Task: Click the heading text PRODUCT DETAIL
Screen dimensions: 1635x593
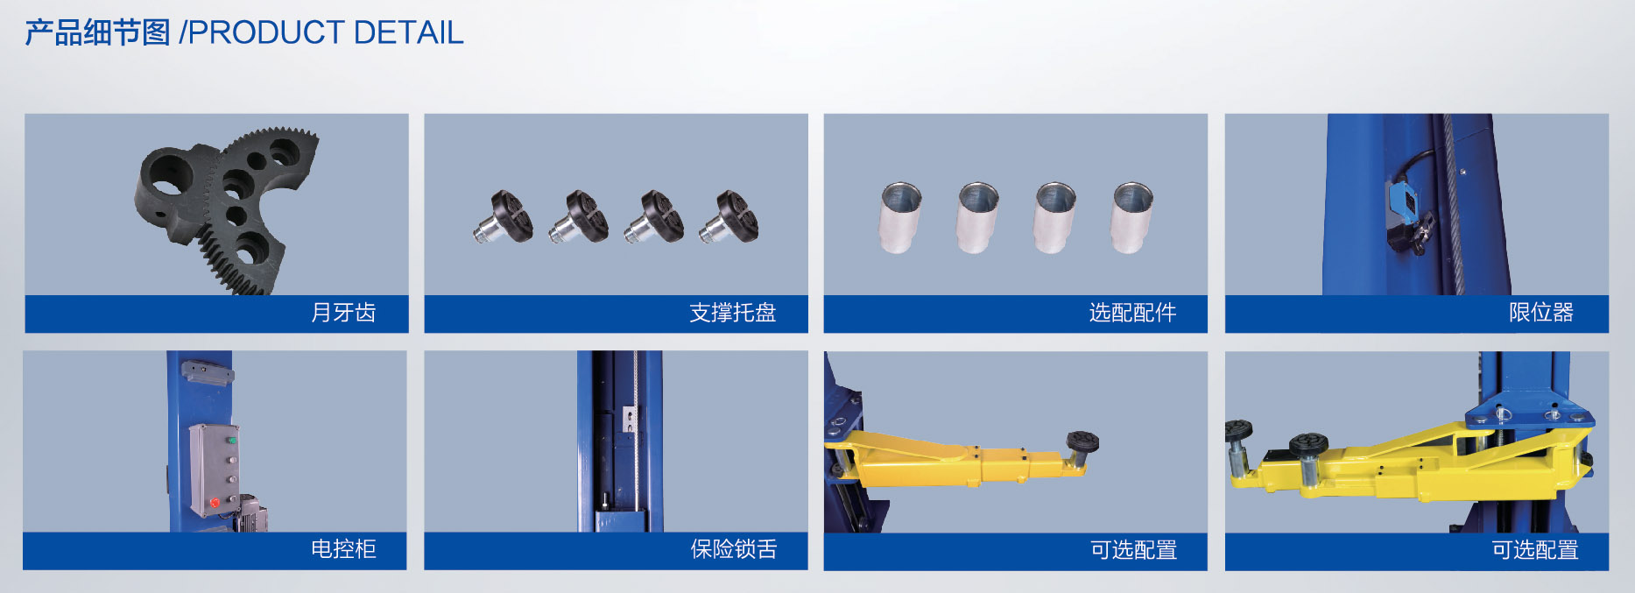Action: pyautogui.click(x=326, y=33)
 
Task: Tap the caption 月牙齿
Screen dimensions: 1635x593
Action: pyautogui.click(x=343, y=313)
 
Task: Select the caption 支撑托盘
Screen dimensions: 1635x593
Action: pyautogui.click(x=733, y=313)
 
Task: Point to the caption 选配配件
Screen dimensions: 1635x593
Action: pyautogui.click(x=1132, y=313)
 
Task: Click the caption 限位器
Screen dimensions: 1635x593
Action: pyautogui.click(x=1541, y=313)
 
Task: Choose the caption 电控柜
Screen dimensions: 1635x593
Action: pyautogui.click(x=343, y=549)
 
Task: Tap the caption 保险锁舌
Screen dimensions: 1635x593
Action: pyautogui.click(x=734, y=549)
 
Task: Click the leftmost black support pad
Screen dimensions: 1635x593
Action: pyautogui.click(x=504, y=216)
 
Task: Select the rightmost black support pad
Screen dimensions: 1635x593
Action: pyautogui.click(x=729, y=216)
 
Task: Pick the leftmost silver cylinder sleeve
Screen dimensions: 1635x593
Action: pyautogui.click(x=900, y=217)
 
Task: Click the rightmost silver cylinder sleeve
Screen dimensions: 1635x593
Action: pyautogui.click(x=1132, y=217)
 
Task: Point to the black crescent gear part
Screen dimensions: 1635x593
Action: pyautogui.click(x=226, y=210)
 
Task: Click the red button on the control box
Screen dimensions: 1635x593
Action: pyautogui.click(x=215, y=503)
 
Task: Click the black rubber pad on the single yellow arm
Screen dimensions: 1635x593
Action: pyautogui.click(x=1082, y=440)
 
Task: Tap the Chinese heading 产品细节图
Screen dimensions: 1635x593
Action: pyautogui.click(x=97, y=33)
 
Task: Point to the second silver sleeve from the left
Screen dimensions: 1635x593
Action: pyautogui.click(x=978, y=217)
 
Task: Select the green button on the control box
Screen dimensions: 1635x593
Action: pyautogui.click(x=233, y=440)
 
